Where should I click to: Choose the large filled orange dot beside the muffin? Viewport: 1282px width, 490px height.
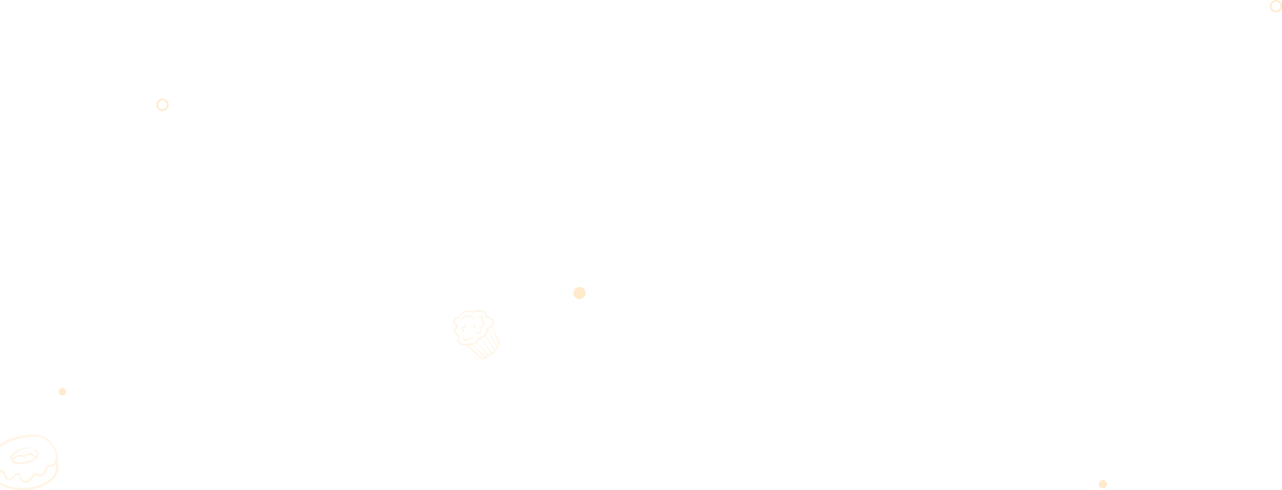click(x=579, y=293)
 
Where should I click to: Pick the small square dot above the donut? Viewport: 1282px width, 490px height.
click(x=62, y=391)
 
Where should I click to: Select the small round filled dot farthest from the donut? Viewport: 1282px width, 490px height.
click(x=1102, y=484)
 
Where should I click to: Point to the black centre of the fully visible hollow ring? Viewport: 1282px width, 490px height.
click(x=162, y=104)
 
